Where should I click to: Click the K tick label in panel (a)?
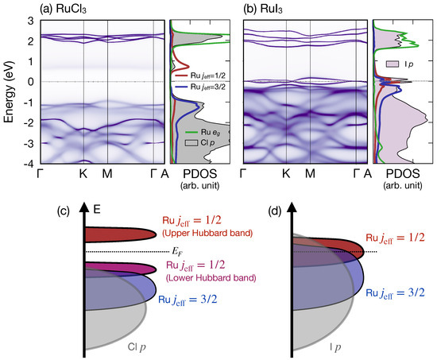tap(83, 174)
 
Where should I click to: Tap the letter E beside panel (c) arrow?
tap(95, 212)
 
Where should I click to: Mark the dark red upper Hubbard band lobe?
tap(115, 234)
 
